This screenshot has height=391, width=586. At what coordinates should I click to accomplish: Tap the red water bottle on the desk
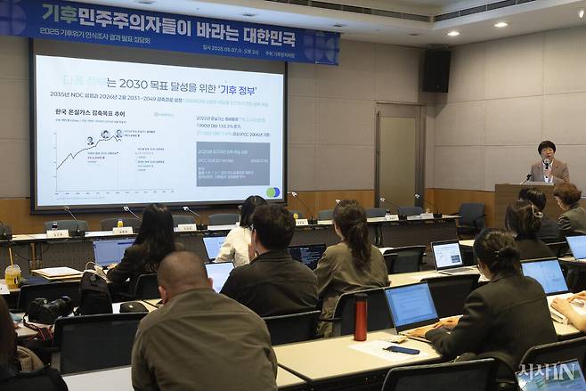[x=360, y=318]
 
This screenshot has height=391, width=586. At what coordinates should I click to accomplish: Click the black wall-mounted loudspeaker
[x=435, y=70]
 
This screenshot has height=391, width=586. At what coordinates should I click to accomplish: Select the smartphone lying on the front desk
[x=402, y=350]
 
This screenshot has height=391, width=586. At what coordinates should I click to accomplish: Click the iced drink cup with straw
[x=12, y=275]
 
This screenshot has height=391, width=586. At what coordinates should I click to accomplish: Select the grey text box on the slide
[x=232, y=163]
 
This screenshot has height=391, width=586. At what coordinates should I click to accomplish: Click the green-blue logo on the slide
[x=273, y=192]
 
